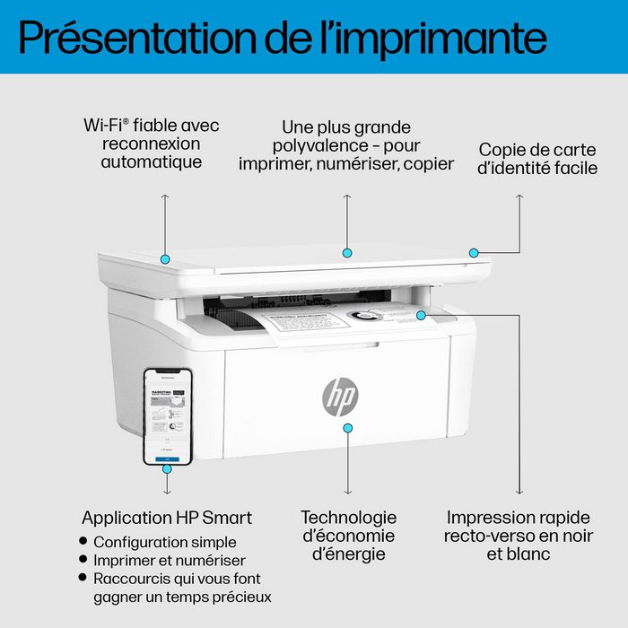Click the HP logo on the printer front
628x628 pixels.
340,396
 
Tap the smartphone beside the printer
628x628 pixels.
168,415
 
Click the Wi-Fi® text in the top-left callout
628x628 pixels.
107,126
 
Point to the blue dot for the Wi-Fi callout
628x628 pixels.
165,258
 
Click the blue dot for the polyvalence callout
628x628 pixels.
347,252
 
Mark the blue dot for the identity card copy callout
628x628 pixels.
474,253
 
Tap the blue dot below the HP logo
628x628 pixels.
348,430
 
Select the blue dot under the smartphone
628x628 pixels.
167,467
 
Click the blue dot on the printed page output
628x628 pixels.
421,315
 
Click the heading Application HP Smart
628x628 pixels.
167,518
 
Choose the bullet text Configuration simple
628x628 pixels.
165,542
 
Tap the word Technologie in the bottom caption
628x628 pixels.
348,518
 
